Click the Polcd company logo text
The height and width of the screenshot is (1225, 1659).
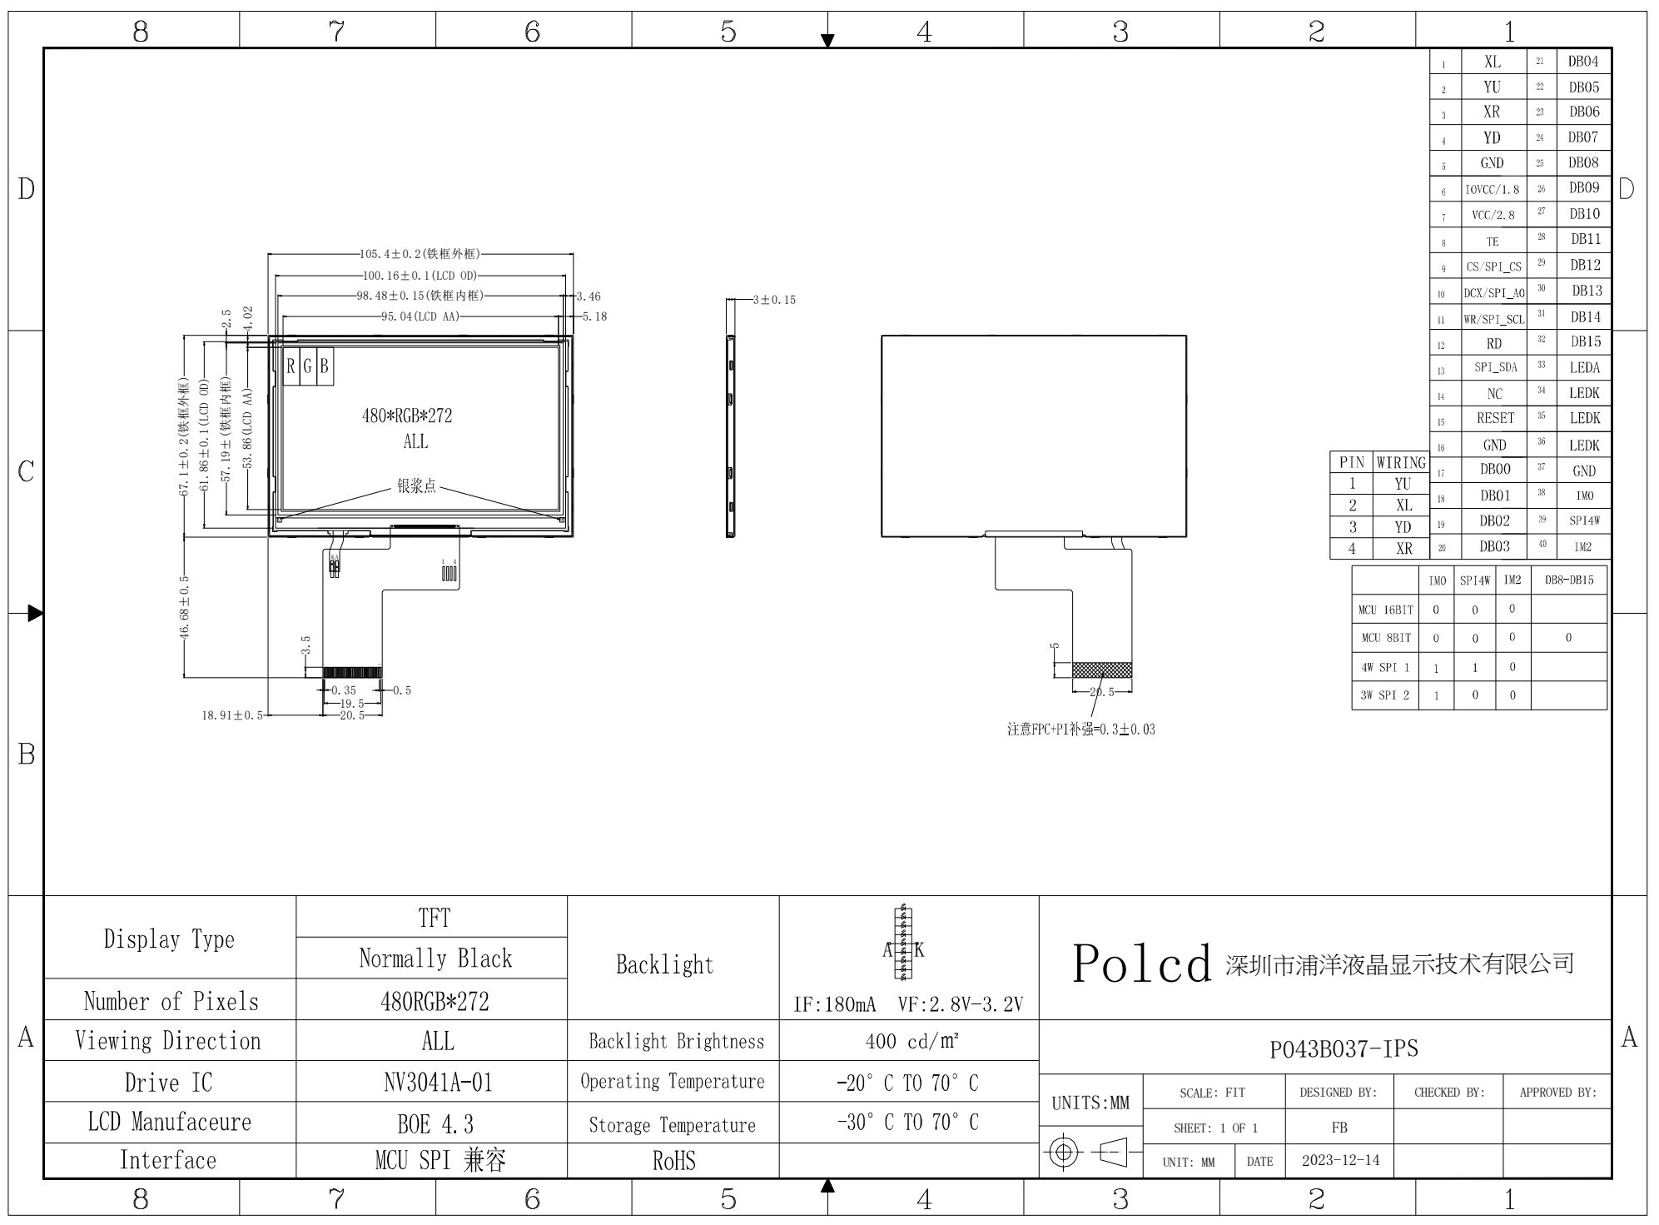pyautogui.click(x=1141, y=964)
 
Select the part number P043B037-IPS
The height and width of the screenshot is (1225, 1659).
pyautogui.click(x=1343, y=1048)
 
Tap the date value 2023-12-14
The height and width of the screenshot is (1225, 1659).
pyautogui.click(x=1340, y=1160)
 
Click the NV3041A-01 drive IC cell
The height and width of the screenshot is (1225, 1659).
pyautogui.click(x=438, y=1083)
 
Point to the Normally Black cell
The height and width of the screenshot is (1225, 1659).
pyautogui.click(x=435, y=959)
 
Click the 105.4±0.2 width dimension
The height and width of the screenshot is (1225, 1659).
pyautogui.click(x=420, y=254)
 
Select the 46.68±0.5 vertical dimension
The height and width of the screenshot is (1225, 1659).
pyautogui.click(x=185, y=606)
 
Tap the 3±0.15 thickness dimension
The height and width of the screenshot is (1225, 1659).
pyautogui.click(x=773, y=300)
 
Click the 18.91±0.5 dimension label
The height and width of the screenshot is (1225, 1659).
pyautogui.click(x=232, y=715)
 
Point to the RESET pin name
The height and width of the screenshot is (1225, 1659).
pyautogui.click(x=1495, y=418)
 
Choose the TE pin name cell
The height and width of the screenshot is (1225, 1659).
pyautogui.click(x=1493, y=242)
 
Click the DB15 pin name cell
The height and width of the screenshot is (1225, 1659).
pyautogui.click(x=1585, y=341)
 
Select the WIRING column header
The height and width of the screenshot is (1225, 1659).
pyautogui.click(x=1401, y=462)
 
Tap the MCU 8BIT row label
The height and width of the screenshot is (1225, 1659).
pyautogui.click(x=1386, y=638)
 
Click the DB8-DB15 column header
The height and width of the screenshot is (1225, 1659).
pyautogui.click(x=1568, y=580)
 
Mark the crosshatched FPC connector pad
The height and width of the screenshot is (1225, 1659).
pyautogui.click(x=1101, y=670)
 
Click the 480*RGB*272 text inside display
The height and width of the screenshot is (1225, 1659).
pyautogui.click(x=407, y=416)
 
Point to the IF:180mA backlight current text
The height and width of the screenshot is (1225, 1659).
pyautogui.click(x=834, y=1004)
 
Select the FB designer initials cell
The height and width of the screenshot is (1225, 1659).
pyautogui.click(x=1339, y=1128)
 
